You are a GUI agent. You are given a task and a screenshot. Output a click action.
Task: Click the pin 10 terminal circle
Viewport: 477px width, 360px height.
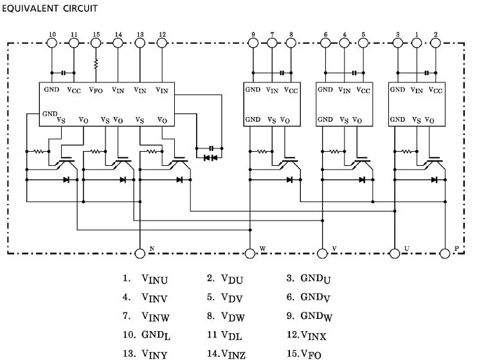53,43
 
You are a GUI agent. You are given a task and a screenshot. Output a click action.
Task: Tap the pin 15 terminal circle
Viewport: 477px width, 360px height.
96,43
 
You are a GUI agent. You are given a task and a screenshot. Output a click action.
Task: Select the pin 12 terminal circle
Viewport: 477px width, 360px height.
161,43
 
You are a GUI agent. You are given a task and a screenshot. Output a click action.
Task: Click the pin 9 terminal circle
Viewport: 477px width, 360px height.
253,43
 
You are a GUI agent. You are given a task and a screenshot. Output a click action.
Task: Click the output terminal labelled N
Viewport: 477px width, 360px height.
139,253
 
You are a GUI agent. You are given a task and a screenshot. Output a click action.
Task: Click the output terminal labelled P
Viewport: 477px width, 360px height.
445,253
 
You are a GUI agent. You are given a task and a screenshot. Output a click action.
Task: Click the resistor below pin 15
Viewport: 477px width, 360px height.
96,65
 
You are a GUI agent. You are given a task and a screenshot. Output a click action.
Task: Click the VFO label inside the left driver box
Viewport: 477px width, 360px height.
96,91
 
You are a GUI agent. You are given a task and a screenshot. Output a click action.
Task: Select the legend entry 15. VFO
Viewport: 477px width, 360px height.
305,354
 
